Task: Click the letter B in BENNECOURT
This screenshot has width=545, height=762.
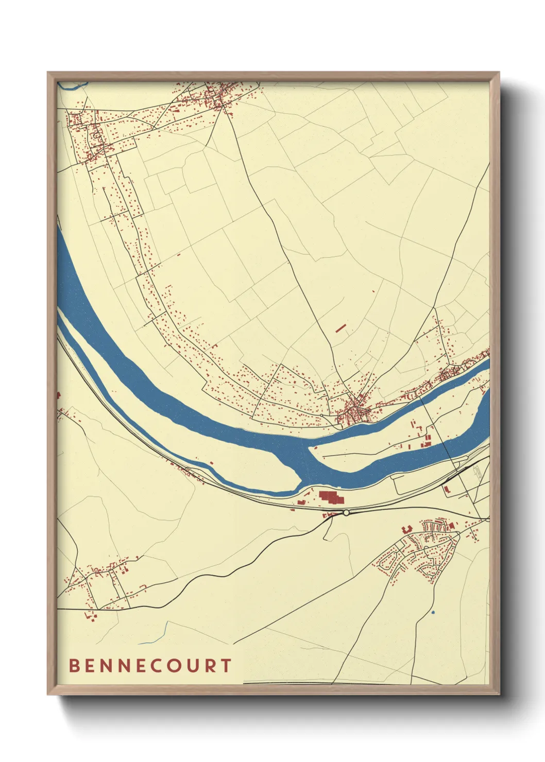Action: pos(74,666)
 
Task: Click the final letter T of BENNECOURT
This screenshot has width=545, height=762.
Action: pos(227,666)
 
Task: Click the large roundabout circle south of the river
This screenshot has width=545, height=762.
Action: pos(347,512)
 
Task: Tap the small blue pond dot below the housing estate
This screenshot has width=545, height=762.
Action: pos(433,612)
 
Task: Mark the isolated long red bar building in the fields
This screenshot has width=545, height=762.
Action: pos(340,327)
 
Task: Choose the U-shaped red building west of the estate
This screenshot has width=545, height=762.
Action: pos(406,528)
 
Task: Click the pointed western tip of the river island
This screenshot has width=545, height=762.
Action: pos(310,449)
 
